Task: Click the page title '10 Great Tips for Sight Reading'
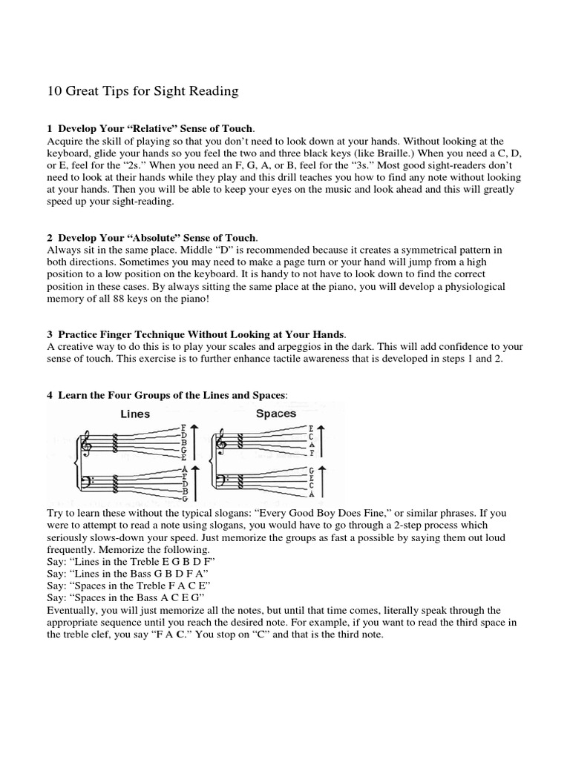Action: click(142, 92)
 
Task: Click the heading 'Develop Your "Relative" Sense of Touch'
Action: click(158, 129)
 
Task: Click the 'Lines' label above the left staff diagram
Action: click(135, 414)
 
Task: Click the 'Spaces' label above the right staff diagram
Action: click(275, 413)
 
